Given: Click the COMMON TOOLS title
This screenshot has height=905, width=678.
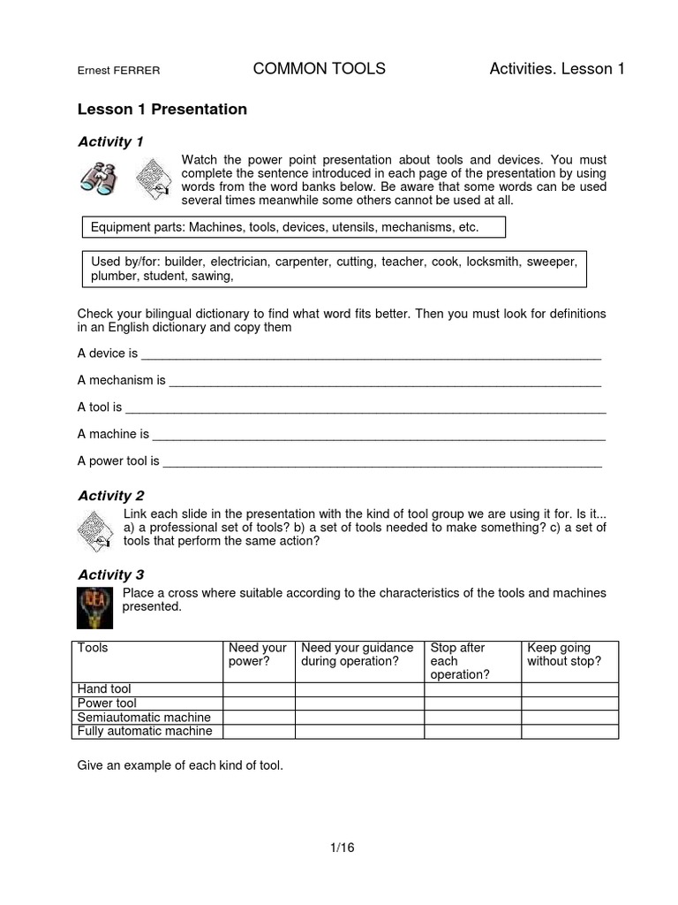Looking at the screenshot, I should (x=319, y=69).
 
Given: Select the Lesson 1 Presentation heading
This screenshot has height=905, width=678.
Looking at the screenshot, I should (x=162, y=110).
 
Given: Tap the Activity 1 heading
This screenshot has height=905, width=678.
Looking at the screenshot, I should (x=110, y=141).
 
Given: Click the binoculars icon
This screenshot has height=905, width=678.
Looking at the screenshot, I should (x=95, y=179).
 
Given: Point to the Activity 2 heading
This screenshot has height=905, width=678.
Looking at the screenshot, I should (x=110, y=495).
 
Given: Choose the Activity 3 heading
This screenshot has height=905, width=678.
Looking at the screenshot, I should (x=110, y=574).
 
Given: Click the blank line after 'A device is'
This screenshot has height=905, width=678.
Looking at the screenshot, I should (x=371, y=355).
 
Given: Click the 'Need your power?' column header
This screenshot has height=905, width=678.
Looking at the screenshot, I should (x=258, y=655).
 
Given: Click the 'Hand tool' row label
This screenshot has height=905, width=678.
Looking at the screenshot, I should (x=104, y=688).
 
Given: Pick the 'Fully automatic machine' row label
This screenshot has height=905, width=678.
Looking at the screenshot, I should (x=145, y=731).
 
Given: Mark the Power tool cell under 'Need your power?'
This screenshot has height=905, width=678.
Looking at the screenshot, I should (x=259, y=703).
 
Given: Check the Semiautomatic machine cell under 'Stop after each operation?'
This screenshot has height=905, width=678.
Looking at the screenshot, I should (x=472, y=717).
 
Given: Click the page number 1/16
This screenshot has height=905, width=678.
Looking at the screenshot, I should (x=338, y=847).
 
